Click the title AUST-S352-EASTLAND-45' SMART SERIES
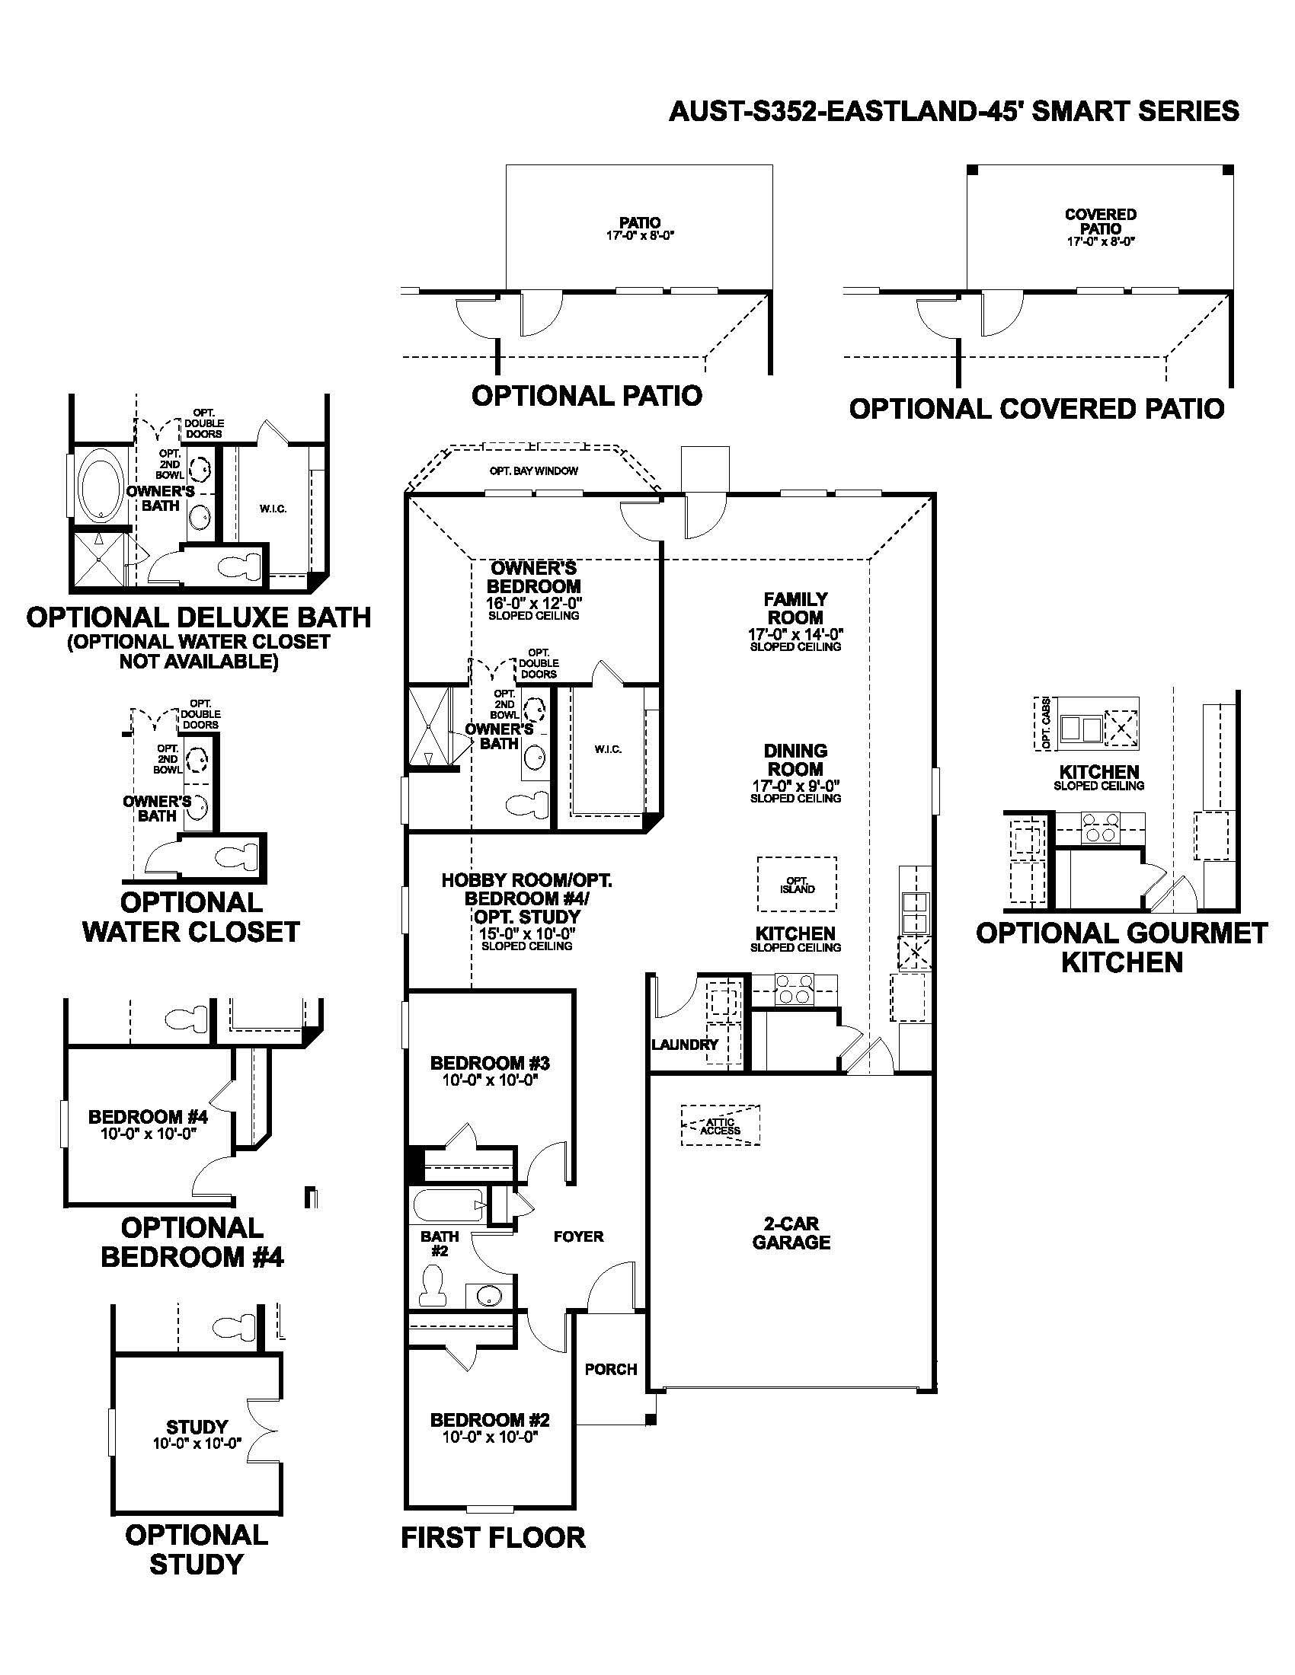click(954, 112)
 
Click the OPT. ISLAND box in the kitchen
click(797, 884)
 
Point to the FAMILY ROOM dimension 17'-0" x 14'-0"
click(795, 634)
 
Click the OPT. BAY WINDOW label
click(534, 471)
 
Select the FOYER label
click(578, 1236)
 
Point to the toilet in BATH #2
click(433, 1286)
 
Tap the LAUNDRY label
click(684, 1045)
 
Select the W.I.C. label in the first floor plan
click(608, 748)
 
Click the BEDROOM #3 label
click(490, 1063)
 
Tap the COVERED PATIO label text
click(1100, 222)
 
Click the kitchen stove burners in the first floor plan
click(793, 988)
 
